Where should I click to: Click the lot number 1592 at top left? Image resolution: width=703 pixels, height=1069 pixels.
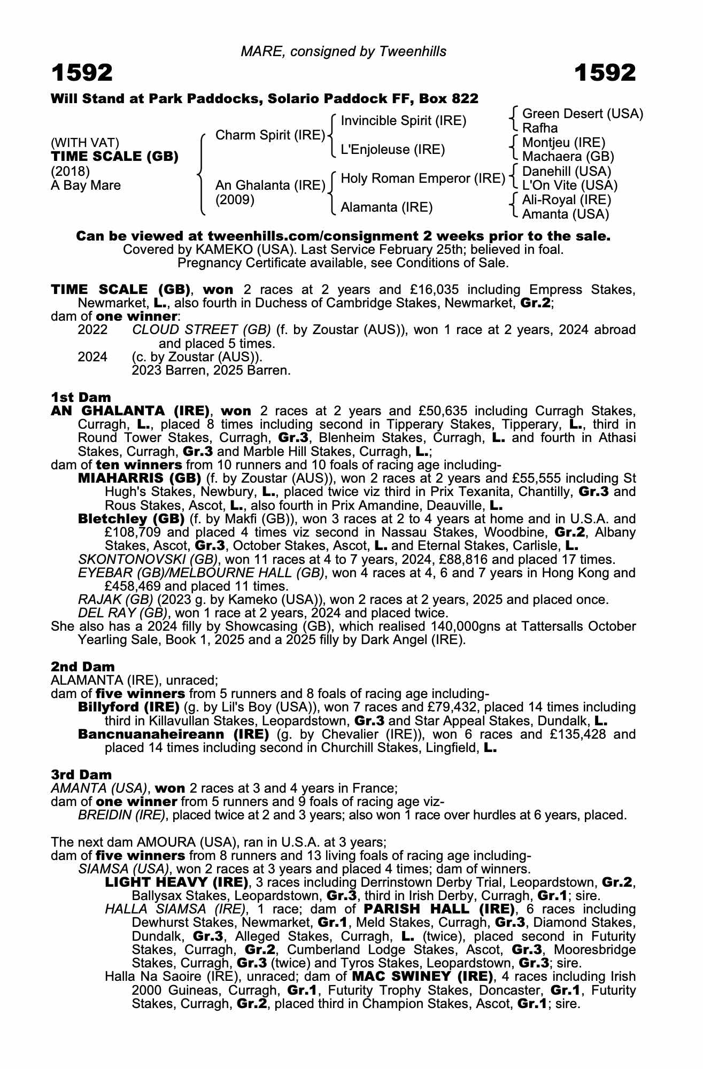[82, 73]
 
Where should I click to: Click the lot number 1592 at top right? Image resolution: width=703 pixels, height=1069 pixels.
[605, 73]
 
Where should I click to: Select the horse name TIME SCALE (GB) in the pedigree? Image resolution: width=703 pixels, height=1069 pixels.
[114, 157]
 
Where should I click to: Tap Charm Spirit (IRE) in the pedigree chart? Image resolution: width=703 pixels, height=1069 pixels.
[270, 135]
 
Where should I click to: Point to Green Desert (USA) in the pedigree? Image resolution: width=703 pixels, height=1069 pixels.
[582, 114]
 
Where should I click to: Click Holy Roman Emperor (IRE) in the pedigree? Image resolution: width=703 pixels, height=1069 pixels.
[423, 179]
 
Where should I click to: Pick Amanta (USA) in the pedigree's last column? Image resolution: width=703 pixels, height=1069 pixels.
[565, 214]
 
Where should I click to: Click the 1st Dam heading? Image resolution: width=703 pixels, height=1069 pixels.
[81, 397]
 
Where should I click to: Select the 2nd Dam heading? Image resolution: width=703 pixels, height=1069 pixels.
[82, 667]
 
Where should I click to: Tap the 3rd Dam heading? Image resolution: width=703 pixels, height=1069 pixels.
[81, 774]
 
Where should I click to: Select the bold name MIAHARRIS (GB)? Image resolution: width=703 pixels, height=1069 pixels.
[139, 478]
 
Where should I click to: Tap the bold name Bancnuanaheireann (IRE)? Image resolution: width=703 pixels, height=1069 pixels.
[173, 734]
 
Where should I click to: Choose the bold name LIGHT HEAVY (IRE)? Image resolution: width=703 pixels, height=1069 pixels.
[176, 882]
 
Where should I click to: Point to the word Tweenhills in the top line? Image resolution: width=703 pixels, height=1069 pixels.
[413, 51]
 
